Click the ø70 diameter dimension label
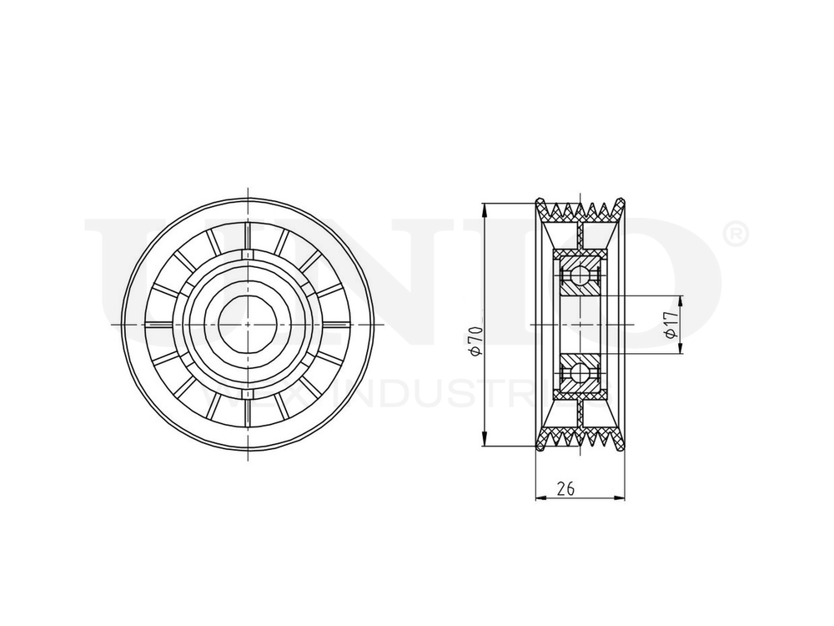[475, 341]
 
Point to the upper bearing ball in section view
[579, 275]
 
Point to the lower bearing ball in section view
[579, 371]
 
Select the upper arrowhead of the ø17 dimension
[681, 300]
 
